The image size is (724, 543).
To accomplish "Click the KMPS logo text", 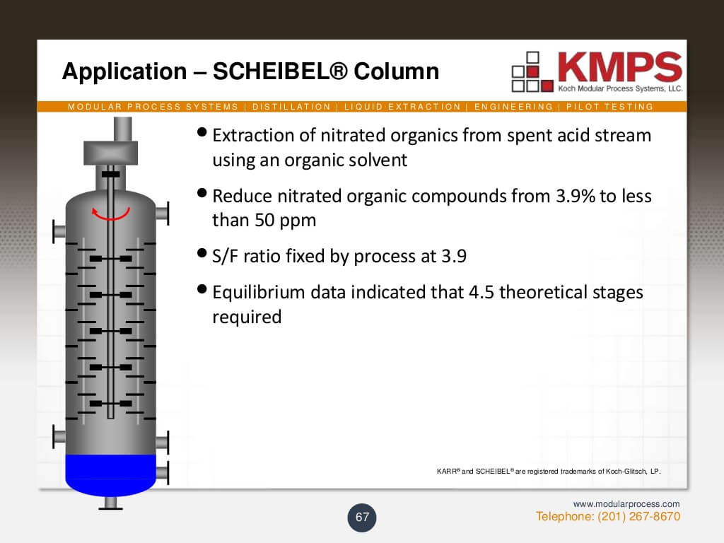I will click(x=619, y=68).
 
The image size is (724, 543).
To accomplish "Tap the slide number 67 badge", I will click(x=363, y=518).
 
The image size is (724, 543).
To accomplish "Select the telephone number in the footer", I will click(x=639, y=517).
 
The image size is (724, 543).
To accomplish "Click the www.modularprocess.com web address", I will click(x=626, y=504).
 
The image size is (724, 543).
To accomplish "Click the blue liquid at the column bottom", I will click(x=110, y=470).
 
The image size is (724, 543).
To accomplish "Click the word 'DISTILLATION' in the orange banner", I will click(x=291, y=107).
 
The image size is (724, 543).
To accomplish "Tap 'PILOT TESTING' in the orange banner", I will click(x=609, y=107).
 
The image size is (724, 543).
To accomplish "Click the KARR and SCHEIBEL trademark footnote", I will click(x=549, y=471).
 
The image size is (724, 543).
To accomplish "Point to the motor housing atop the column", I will click(x=110, y=153).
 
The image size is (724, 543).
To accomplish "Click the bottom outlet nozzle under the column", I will click(x=110, y=501).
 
